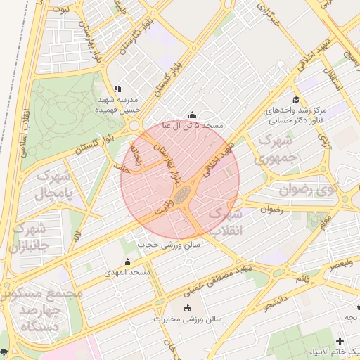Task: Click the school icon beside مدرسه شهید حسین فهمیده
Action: [117, 89]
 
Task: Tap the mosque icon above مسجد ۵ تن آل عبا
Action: [193, 115]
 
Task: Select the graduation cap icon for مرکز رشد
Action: [297, 101]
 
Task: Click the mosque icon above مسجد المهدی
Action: [127, 262]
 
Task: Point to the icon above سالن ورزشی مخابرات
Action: [186, 309]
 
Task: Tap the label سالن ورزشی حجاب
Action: [169, 244]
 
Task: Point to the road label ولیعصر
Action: [340, 264]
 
